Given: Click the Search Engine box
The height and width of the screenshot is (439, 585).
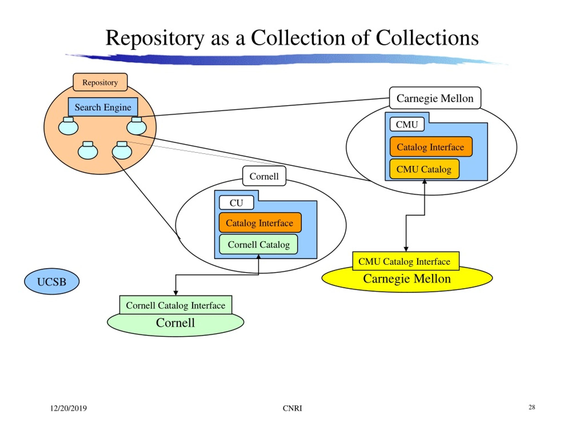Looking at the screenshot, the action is click(103, 107).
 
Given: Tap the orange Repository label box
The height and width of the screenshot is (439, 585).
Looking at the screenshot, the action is click(100, 82).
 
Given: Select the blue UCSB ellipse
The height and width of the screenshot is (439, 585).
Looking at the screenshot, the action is click(52, 281).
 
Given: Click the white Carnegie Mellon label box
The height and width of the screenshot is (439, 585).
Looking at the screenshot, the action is click(435, 98).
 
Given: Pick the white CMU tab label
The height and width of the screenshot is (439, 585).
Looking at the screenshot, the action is click(407, 124).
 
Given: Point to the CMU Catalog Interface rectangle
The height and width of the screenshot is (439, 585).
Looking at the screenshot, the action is click(406, 261).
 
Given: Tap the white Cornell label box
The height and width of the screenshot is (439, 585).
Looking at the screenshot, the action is click(264, 176).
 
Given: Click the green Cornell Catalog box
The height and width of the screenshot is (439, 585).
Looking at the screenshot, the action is click(258, 244).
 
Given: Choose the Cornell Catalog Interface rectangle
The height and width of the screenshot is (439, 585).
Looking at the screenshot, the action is click(175, 305).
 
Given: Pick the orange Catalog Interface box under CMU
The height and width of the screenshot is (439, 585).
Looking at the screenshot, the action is click(431, 147).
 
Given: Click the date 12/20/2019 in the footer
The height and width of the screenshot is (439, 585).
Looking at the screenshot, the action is click(68, 408).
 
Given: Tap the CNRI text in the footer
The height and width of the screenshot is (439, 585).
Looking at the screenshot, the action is click(292, 408).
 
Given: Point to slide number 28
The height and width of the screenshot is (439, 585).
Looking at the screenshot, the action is click(532, 407).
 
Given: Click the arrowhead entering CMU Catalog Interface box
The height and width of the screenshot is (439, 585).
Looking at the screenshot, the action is click(406, 249).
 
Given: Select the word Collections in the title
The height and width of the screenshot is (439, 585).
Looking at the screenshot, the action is click(427, 38).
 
